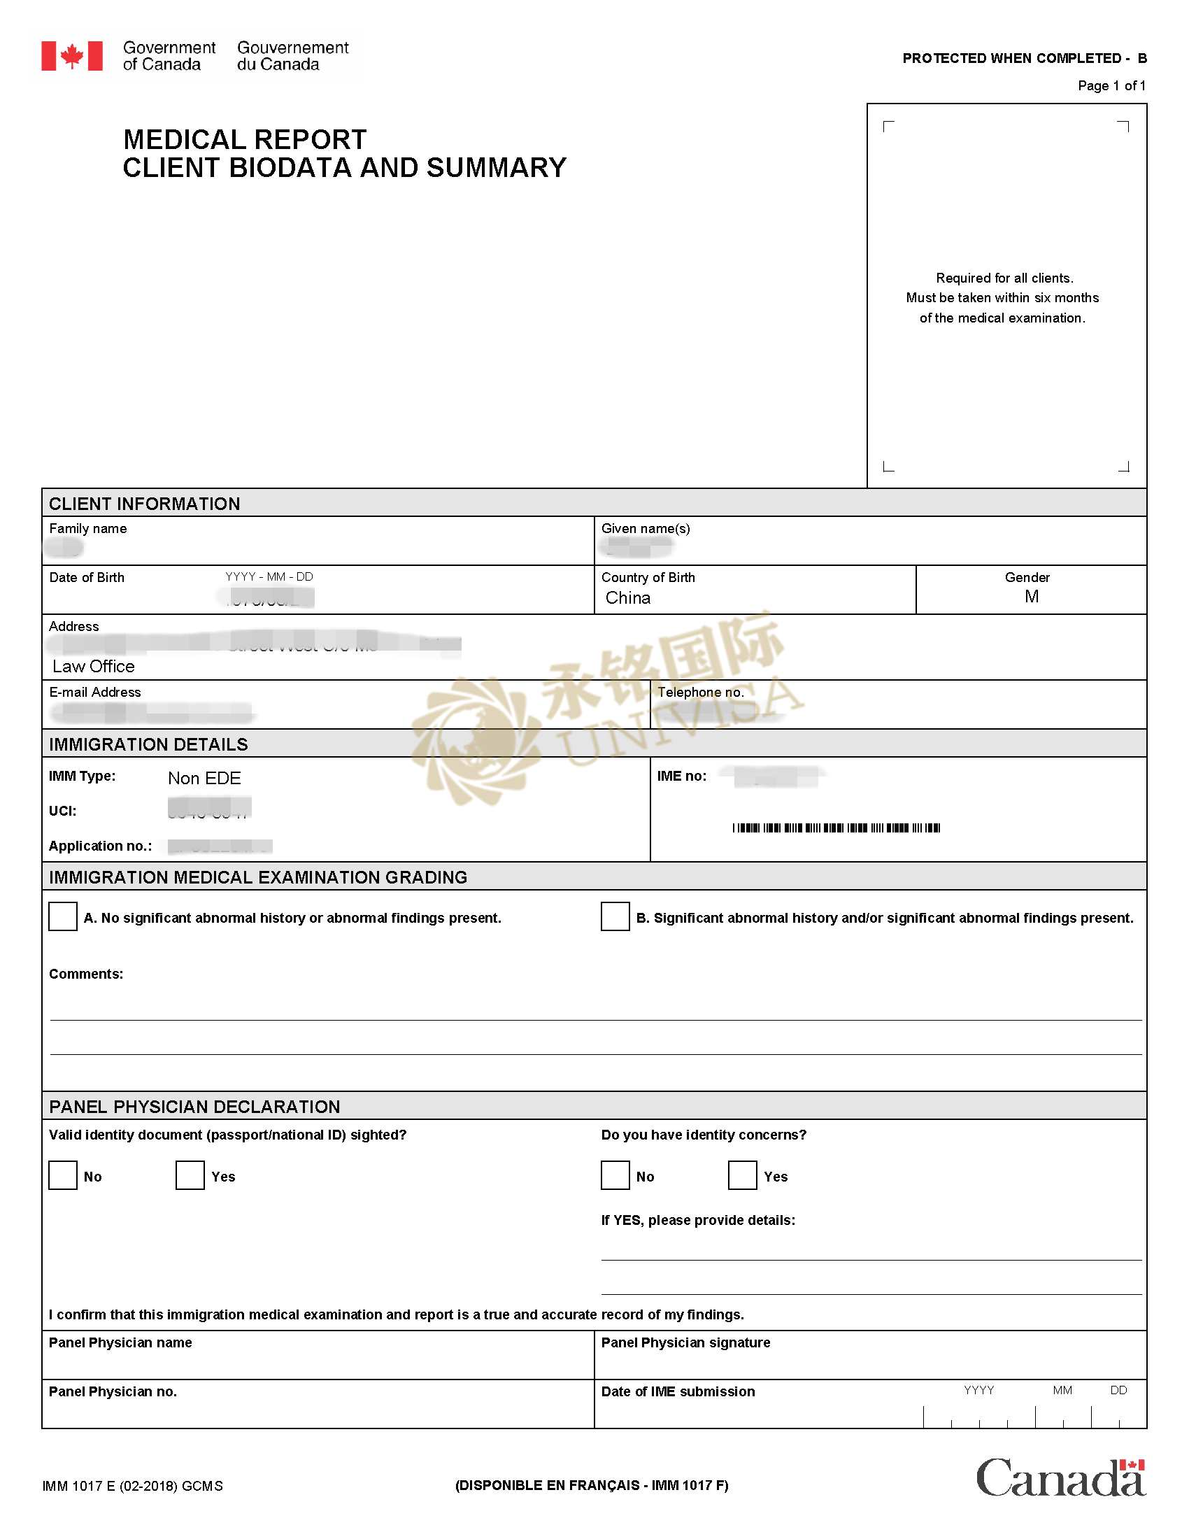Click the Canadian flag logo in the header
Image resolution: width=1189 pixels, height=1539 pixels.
(x=72, y=56)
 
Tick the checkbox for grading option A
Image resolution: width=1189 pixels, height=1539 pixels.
(x=63, y=916)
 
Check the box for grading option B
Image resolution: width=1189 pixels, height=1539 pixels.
(x=615, y=916)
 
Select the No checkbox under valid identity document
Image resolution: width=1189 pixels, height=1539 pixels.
(x=63, y=1175)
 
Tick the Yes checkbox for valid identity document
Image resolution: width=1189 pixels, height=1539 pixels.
(x=190, y=1175)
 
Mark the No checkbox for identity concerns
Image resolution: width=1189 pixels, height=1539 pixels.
(x=615, y=1175)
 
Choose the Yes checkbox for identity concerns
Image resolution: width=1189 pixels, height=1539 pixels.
(x=741, y=1175)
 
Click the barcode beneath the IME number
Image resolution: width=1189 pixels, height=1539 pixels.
(x=836, y=828)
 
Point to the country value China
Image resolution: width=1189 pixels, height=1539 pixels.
(x=627, y=597)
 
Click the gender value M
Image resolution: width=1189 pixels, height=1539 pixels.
(x=1031, y=597)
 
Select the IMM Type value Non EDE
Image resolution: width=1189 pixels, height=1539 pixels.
(x=204, y=778)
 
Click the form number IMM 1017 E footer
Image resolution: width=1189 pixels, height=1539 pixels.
(x=132, y=1486)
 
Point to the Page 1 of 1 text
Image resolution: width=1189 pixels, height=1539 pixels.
(x=1111, y=86)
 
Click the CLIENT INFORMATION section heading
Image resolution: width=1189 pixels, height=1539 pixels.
(x=144, y=504)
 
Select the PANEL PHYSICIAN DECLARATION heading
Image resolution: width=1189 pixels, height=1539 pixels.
(x=194, y=1107)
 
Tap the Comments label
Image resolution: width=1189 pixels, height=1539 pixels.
(x=86, y=974)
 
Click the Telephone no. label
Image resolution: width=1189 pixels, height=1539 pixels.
(x=700, y=692)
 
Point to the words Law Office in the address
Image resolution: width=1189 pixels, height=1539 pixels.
(x=94, y=667)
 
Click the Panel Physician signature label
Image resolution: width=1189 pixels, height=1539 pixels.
(x=685, y=1342)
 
